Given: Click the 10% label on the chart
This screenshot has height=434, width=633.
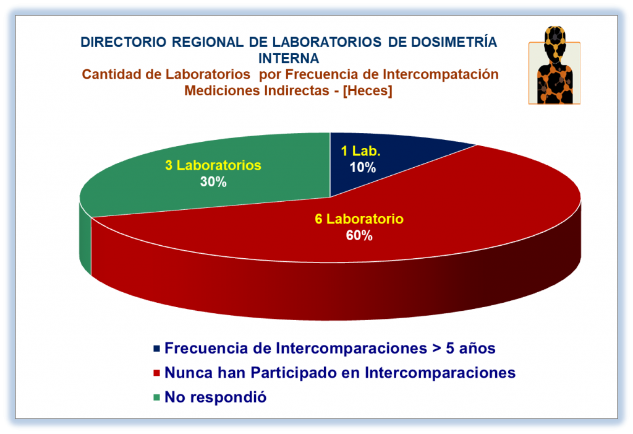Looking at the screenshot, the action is click(362, 167).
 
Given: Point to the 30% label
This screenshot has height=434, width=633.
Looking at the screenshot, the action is click(213, 181).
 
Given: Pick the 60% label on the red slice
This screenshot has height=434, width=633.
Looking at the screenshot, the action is click(359, 235).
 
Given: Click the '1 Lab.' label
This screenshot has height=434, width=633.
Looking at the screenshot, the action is click(360, 151).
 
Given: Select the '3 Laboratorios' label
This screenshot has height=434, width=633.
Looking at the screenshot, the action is click(213, 165).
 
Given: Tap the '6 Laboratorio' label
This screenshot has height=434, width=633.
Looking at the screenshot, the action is click(359, 219).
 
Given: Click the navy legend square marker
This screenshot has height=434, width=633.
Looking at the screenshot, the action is click(156, 348).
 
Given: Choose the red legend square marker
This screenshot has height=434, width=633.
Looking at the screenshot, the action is click(156, 373).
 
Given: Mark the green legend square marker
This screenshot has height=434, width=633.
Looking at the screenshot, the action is click(156, 397).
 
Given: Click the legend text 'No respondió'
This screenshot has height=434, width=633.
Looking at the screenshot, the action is click(216, 397).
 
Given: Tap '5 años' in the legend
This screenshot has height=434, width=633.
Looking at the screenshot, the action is click(470, 348).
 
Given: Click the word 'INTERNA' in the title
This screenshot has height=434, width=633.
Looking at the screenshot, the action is click(289, 59).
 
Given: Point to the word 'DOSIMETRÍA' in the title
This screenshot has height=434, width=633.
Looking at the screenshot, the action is click(454, 41).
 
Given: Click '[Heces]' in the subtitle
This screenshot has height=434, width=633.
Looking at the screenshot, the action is click(367, 90).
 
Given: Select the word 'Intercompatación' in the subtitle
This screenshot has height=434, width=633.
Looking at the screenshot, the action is click(440, 74).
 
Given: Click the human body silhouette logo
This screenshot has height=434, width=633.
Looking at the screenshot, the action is click(554, 66).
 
